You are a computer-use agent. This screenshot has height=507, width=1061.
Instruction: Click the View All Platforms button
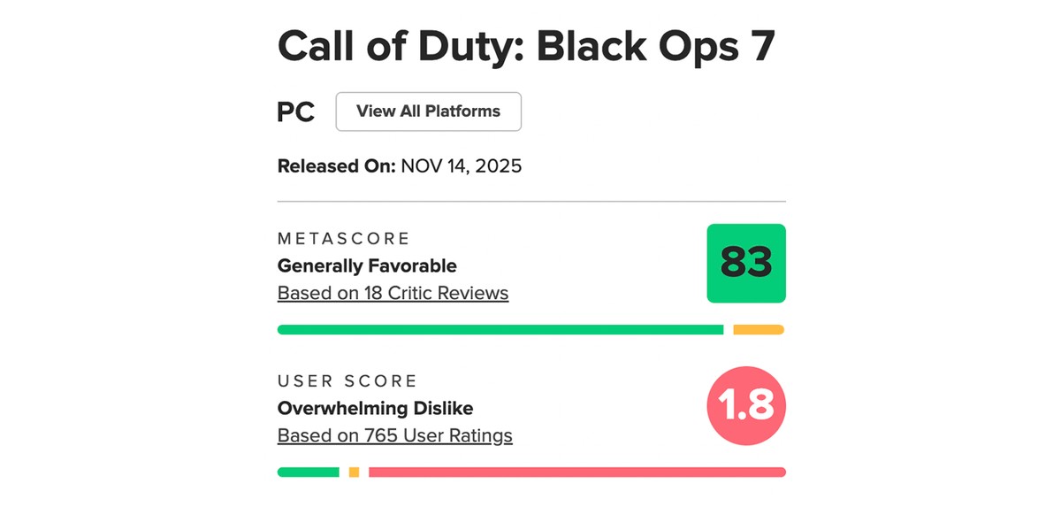click(428, 111)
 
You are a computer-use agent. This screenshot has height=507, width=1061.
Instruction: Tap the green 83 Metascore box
click(746, 263)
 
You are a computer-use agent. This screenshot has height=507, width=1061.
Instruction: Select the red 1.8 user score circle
click(746, 405)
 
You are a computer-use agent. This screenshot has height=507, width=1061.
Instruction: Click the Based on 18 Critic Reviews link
click(393, 293)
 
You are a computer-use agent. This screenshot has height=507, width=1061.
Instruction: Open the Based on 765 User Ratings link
click(394, 435)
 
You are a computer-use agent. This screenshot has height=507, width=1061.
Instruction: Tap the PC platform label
click(296, 112)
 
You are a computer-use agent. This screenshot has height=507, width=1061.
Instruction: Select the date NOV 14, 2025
click(461, 165)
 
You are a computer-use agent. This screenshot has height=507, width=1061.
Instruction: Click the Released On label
click(336, 165)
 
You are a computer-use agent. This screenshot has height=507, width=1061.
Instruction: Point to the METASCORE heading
click(343, 239)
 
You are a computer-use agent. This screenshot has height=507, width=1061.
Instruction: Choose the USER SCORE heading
click(347, 381)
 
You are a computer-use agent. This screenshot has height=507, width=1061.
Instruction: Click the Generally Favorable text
click(367, 265)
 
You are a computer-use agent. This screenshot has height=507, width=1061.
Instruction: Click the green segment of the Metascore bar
click(500, 330)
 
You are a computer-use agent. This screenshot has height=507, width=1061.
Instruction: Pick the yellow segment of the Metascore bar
click(759, 330)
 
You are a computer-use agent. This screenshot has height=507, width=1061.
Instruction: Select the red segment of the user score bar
click(576, 472)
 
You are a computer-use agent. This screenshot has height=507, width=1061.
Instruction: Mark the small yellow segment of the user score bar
click(354, 472)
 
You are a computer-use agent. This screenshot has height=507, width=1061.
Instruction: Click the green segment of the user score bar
click(308, 472)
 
